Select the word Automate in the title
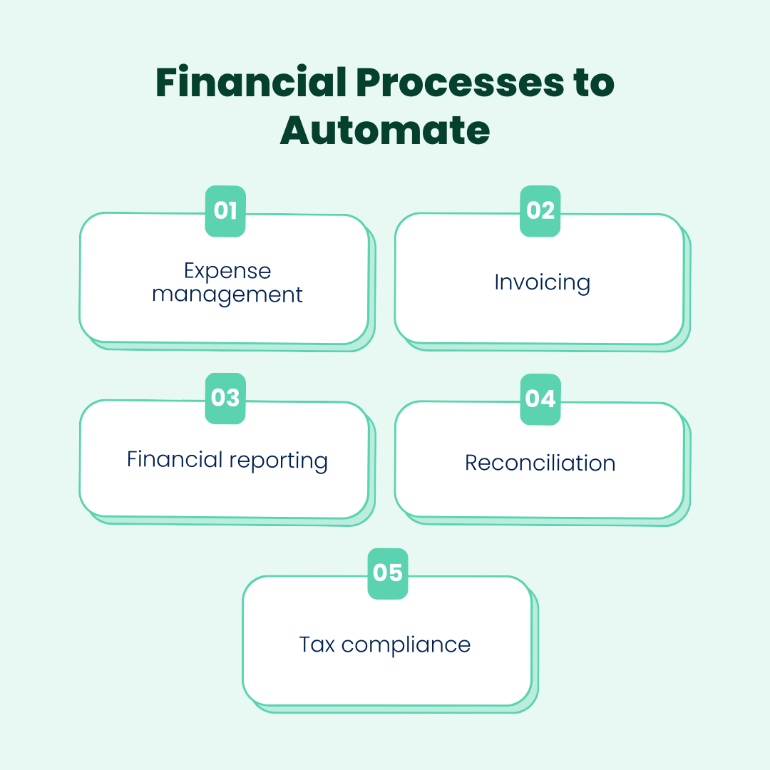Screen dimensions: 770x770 tap(385, 130)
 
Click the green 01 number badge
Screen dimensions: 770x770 tap(225, 211)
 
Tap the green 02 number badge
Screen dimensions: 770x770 tap(540, 211)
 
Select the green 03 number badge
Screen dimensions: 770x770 tap(225, 398)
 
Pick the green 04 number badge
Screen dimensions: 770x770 tap(540, 399)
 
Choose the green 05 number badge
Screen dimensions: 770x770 tap(388, 573)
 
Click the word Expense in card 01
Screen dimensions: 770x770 tap(227, 271)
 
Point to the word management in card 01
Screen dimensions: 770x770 tap(227, 294)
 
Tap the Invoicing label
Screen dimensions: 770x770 tap(542, 282)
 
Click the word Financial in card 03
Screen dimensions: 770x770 tap(175, 459)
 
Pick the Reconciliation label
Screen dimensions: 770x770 tap(540, 463)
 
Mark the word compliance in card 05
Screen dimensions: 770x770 tap(406, 645)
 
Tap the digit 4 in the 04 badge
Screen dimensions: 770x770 tap(548, 399)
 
